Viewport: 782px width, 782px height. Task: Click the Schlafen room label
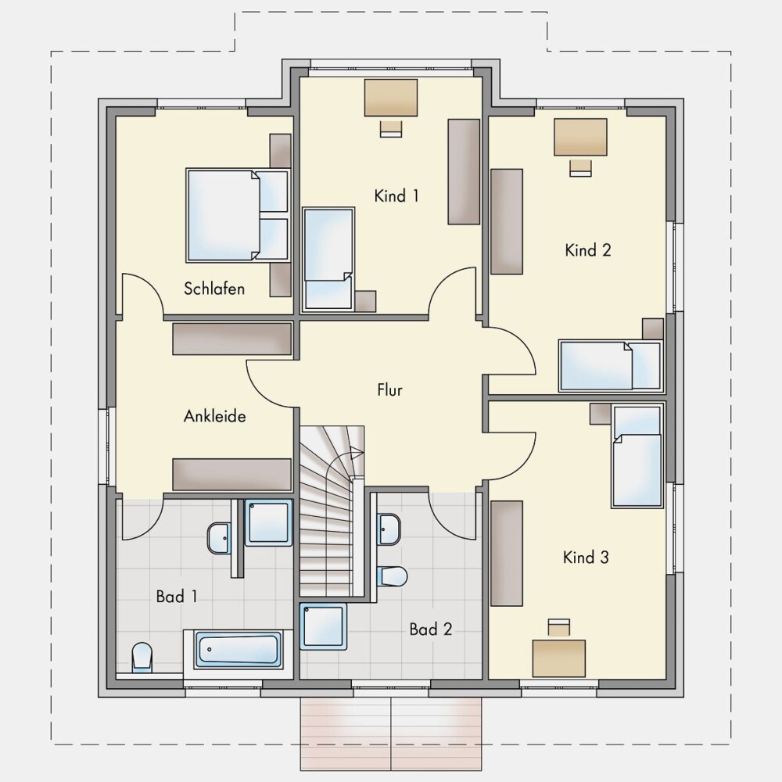(214, 289)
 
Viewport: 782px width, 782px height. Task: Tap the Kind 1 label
(396, 196)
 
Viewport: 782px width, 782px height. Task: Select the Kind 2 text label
(588, 250)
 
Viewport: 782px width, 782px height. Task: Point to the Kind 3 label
(586, 557)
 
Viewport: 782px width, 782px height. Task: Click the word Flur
(390, 389)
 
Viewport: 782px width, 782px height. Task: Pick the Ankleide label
(215, 416)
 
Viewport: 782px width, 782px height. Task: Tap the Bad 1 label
(177, 596)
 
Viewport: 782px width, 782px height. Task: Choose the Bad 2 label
(431, 630)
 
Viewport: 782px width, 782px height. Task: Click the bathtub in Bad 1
(238, 649)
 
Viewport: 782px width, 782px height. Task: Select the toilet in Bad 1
(142, 657)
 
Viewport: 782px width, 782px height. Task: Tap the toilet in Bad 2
(393, 576)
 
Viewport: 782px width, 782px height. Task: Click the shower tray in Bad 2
(323, 626)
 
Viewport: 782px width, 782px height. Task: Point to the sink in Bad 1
(219, 538)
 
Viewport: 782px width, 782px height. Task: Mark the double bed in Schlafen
(238, 215)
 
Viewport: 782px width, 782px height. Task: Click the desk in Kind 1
(391, 98)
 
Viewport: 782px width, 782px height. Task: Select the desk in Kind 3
(559, 658)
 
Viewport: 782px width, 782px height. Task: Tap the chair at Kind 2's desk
(580, 168)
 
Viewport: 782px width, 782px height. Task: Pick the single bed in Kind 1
(329, 260)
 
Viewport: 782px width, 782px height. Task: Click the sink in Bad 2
(389, 529)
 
